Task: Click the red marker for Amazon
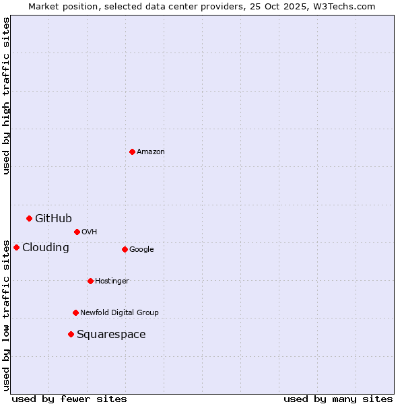pos(132,151)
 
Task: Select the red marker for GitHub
pos(29,218)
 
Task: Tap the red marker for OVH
pos(77,232)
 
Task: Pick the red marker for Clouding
pos(16,247)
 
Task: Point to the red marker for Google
pos(125,249)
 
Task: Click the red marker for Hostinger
pos(90,281)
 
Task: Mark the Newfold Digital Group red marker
pos(75,312)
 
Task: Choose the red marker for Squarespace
pos(71,334)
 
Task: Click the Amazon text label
pos(151,152)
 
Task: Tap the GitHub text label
pos(53,218)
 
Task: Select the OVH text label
pos(90,232)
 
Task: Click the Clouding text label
pos(46,247)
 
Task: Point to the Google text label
pos(141,250)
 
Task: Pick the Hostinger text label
pos(112,281)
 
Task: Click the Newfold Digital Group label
pos(119,313)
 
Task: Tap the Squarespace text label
pos(111,335)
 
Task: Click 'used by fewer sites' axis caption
pos(69,399)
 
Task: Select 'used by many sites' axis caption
pos(338,399)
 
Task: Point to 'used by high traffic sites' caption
pos(6,96)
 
